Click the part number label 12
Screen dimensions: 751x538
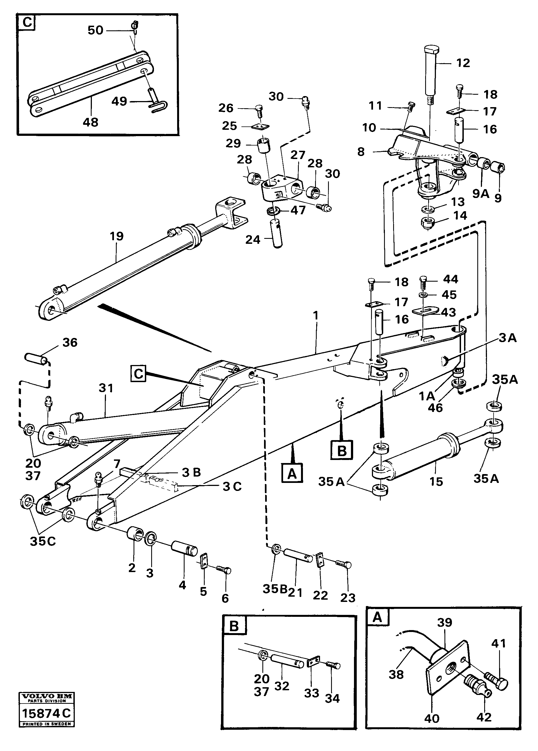(x=463, y=63)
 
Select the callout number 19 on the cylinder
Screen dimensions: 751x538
(x=116, y=236)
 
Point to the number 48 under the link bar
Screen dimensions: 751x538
(x=90, y=122)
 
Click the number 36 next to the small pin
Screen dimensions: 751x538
(x=70, y=342)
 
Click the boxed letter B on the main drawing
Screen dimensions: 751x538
(x=342, y=450)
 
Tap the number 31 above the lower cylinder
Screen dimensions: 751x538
(x=106, y=388)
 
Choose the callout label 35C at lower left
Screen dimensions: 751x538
(x=43, y=541)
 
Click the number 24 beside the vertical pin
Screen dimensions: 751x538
(x=253, y=240)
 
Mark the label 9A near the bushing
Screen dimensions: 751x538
(x=480, y=193)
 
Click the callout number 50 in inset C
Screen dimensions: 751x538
(x=95, y=30)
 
